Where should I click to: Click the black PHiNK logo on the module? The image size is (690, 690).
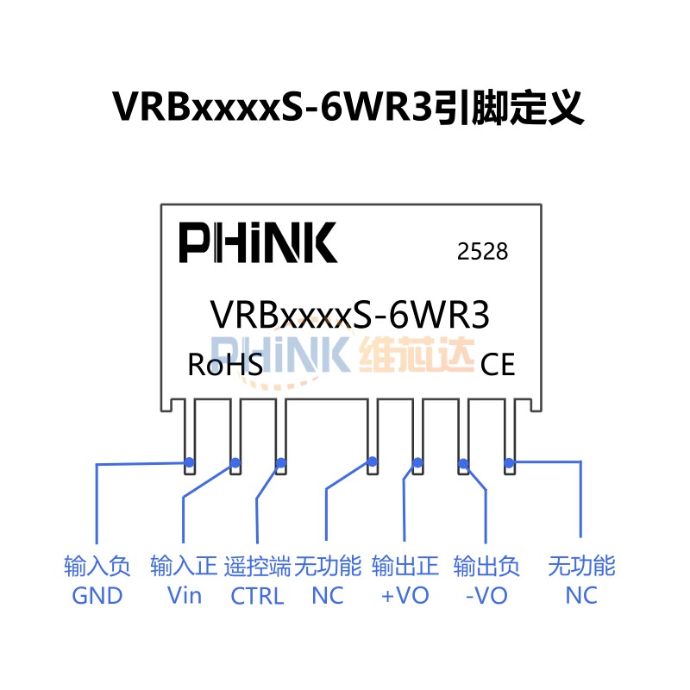258,242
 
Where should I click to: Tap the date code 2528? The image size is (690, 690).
482,252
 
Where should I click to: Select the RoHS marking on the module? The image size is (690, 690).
225,365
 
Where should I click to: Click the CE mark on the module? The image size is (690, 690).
498,365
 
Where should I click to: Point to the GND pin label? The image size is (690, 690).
97,596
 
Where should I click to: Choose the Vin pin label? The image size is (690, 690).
185,596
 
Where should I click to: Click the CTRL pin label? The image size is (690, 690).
257,596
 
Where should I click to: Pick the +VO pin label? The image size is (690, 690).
405,596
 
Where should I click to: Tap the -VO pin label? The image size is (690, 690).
486,596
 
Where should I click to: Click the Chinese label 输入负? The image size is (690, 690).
97,566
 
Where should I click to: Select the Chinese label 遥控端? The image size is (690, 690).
257,566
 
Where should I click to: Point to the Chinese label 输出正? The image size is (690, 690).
405,566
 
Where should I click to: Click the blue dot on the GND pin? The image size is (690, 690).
190,462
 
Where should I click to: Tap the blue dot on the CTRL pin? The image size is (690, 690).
281,463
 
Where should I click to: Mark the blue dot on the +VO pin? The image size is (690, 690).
417,462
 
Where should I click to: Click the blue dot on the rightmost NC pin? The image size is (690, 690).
509,463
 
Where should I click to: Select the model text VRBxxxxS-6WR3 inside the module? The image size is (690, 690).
350,315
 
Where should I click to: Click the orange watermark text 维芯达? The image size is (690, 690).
417,354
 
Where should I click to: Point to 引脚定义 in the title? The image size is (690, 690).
508,107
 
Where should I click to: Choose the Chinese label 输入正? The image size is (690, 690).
184,566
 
